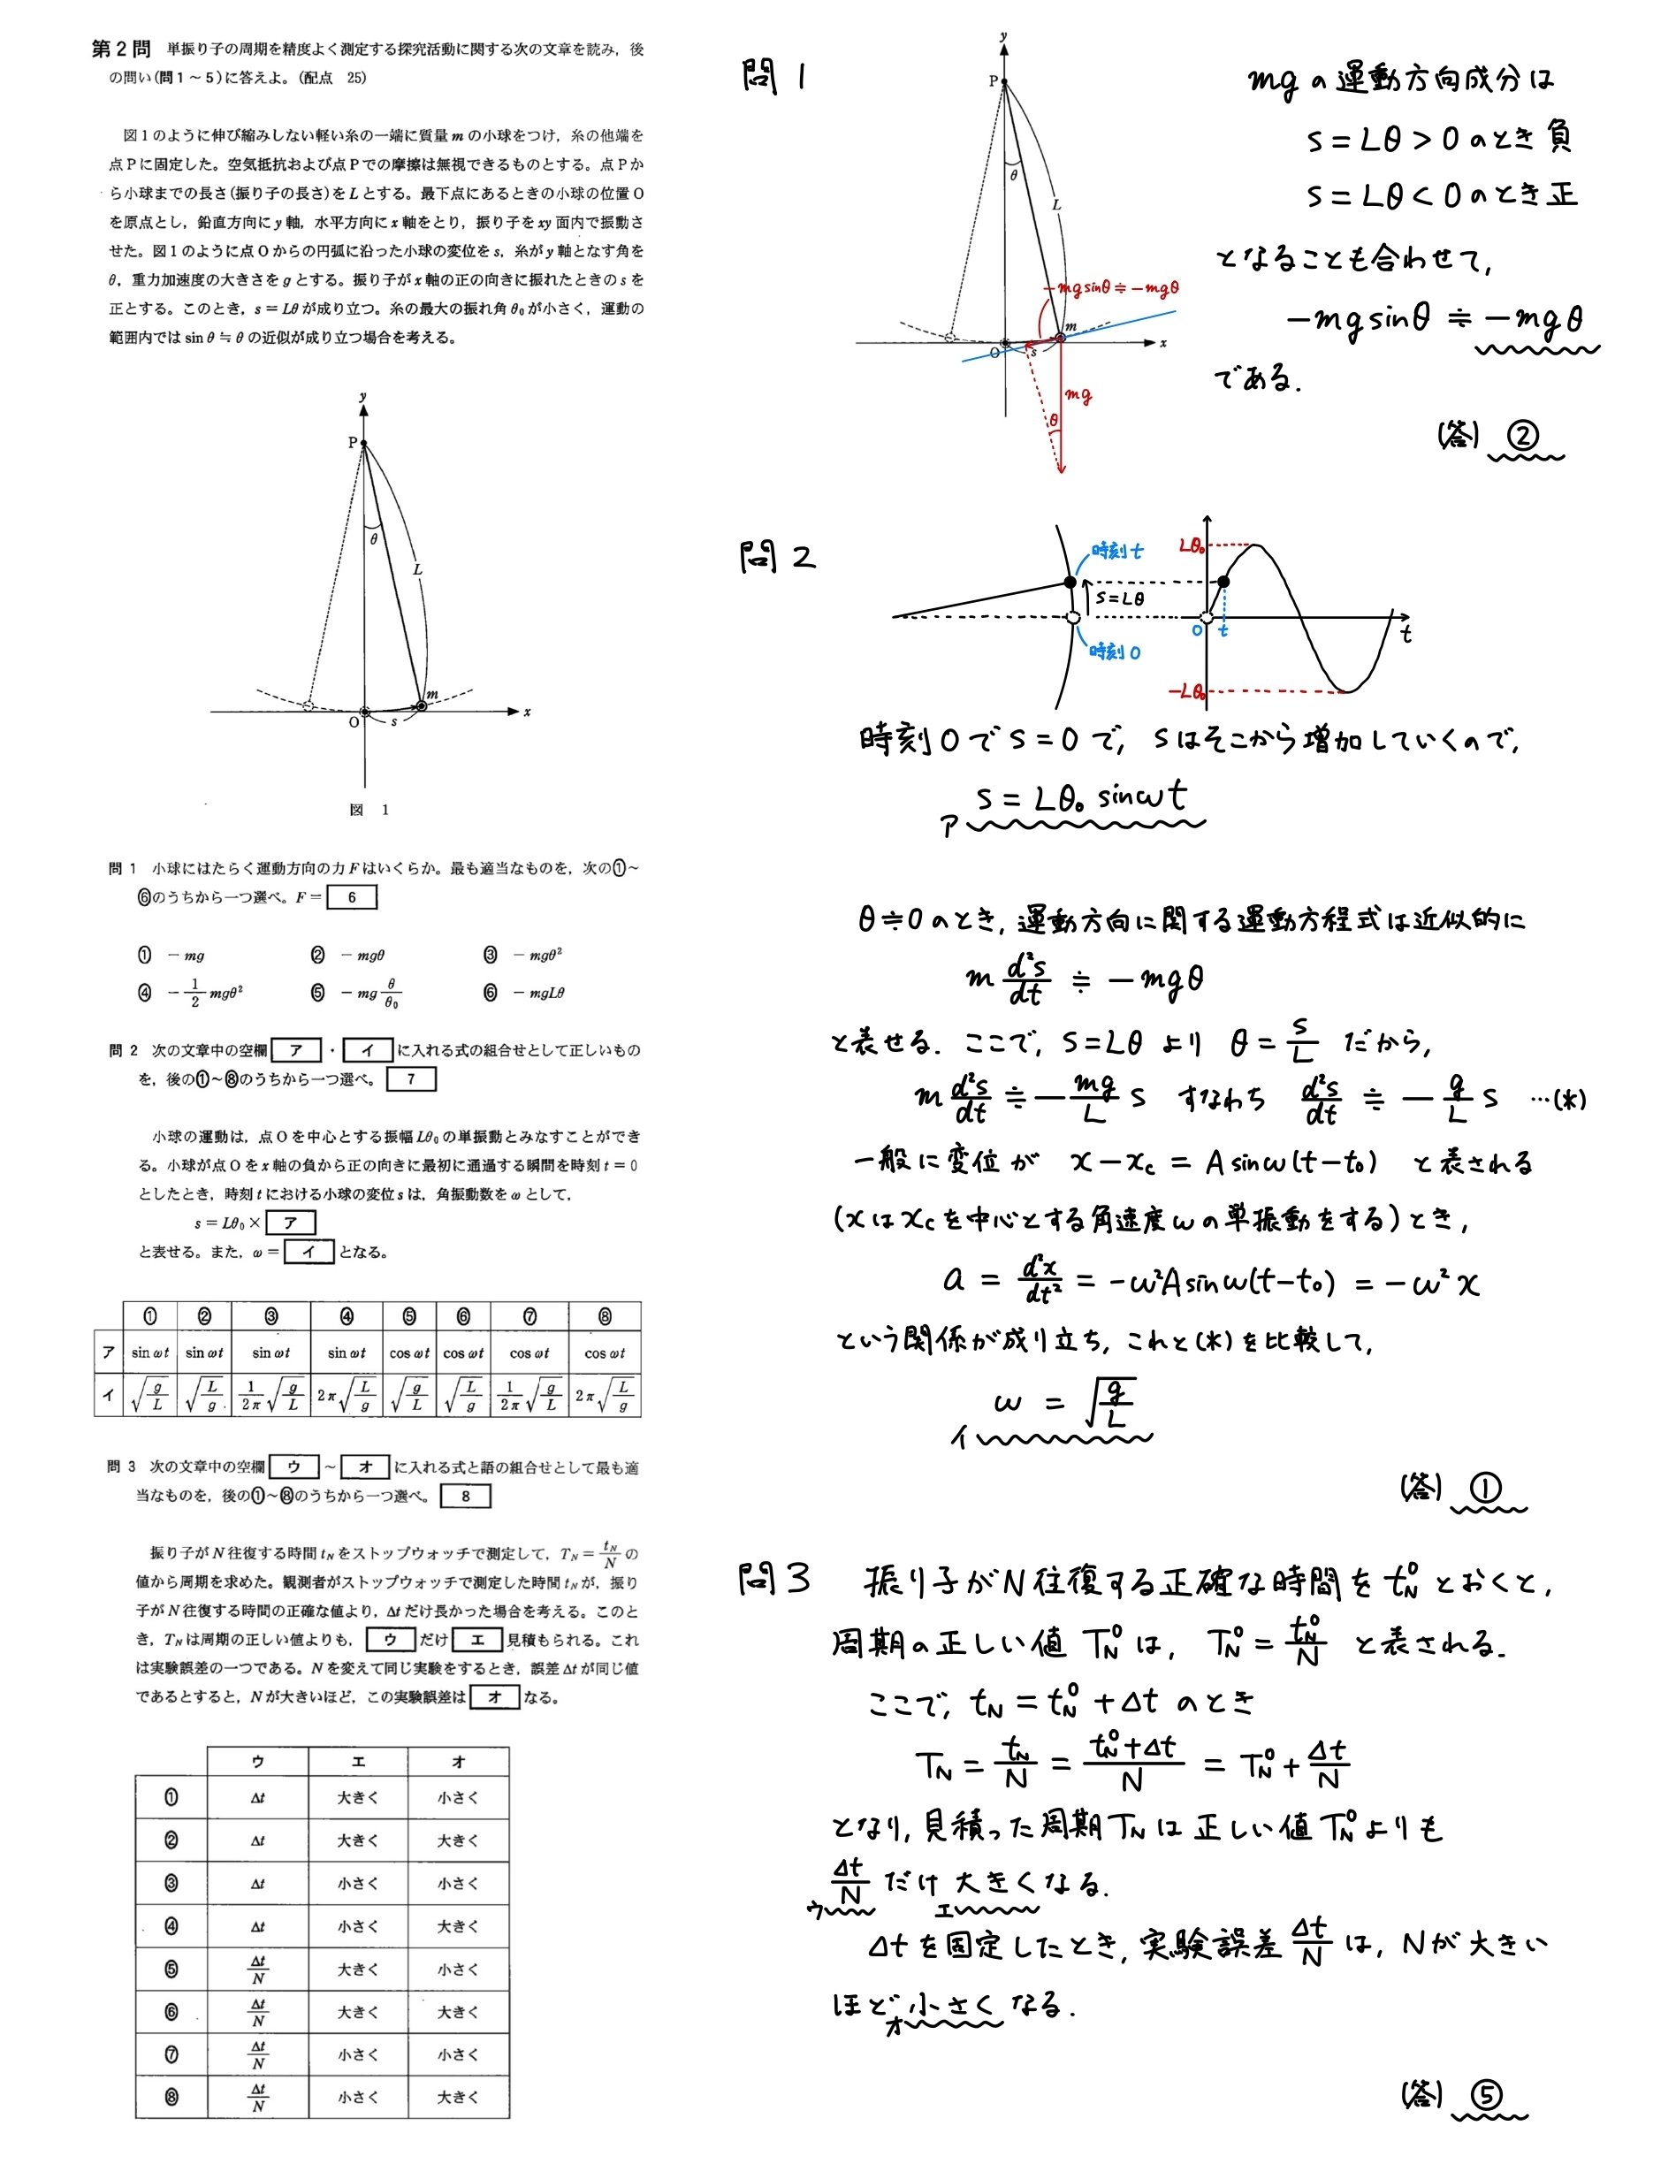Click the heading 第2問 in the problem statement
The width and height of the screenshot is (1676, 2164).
tap(121, 50)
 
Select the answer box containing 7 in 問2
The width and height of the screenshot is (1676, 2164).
tap(411, 1079)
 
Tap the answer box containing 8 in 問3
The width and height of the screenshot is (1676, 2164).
tap(466, 1497)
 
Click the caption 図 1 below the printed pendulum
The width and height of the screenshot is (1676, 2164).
tap(369, 810)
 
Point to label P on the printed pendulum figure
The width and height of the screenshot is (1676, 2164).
tap(352, 443)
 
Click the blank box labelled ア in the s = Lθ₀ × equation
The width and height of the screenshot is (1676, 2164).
tap(290, 1223)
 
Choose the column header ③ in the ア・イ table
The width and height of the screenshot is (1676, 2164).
tap(270, 1317)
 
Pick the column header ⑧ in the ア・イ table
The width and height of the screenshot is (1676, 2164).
tap(605, 1317)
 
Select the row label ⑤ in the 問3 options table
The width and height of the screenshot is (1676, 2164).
tap(171, 1970)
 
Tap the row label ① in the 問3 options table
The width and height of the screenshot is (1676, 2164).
tap(171, 1797)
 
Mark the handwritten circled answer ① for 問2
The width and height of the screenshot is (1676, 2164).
tap(1485, 1487)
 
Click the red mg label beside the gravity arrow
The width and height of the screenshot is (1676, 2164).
tap(1078, 395)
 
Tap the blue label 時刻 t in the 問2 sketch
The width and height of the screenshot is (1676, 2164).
tap(1117, 551)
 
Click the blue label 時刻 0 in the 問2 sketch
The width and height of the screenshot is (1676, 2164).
tap(1116, 652)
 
